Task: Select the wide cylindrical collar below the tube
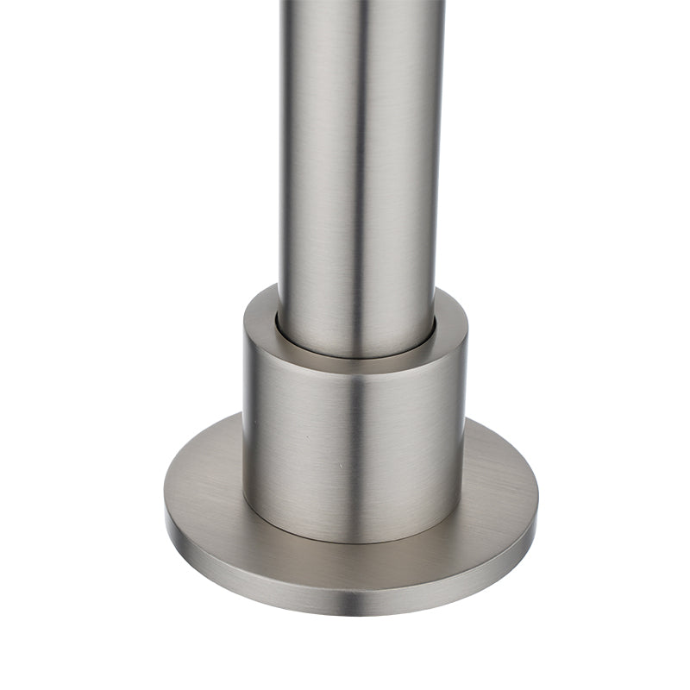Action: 354,440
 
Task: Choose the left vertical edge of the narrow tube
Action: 280,172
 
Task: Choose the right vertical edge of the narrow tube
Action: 442,172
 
